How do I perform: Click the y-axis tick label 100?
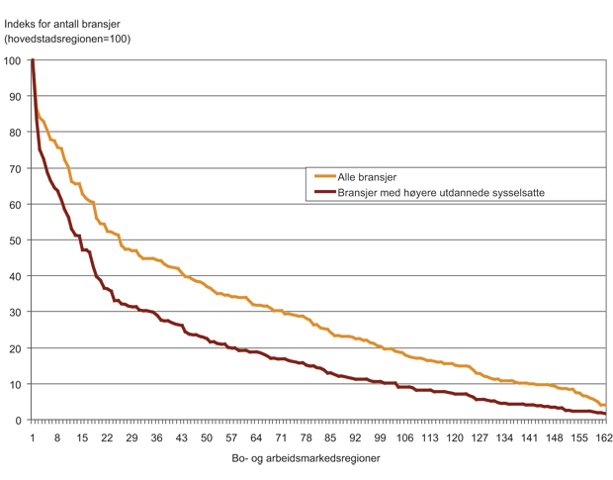[x=13, y=61]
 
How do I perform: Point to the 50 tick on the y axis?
[x=16, y=240]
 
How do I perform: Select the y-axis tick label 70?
[x=16, y=169]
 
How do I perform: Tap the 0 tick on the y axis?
[x=19, y=421]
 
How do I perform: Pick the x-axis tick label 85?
[x=330, y=437]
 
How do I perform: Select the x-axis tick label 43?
[x=182, y=437]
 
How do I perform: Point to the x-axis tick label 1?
[x=33, y=437]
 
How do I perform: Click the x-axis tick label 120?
[x=454, y=437]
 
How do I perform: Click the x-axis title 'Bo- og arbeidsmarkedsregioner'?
[x=311, y=459]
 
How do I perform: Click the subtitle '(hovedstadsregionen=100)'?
[x=67, y=40]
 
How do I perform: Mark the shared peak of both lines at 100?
[x=33, y=60]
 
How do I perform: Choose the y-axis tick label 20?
[x=16, y=348]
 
